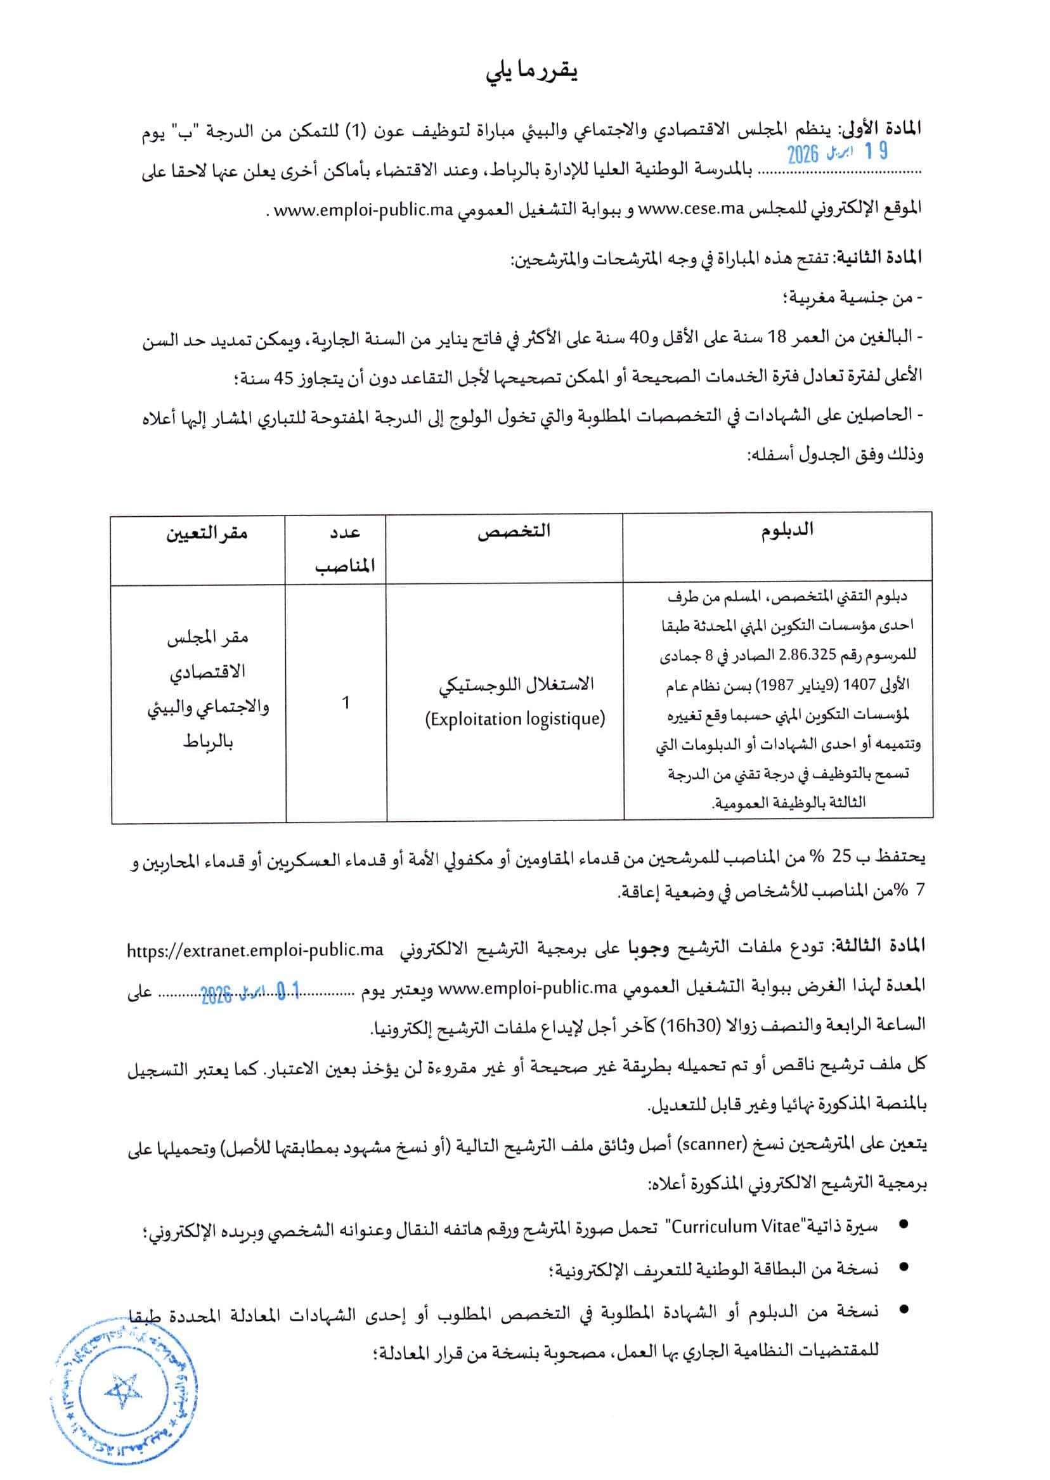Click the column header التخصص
click(x=514, y=531)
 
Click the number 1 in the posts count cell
click(x=346, y=702)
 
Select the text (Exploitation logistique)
click(x=515, y=718)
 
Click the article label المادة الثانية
click(x=882, y=257)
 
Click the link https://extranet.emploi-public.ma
click(x=255, y=951)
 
